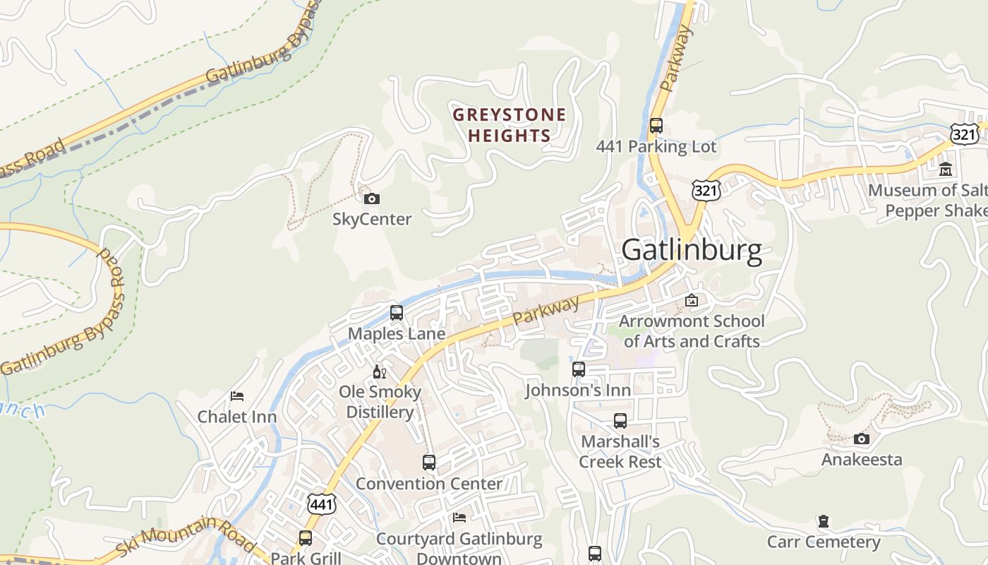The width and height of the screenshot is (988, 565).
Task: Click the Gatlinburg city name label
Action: coord(692,251)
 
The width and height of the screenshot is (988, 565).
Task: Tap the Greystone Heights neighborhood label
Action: coord(509,125)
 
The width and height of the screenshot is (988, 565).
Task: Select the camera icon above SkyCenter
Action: coord(372,199)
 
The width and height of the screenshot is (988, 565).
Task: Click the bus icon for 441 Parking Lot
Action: coord(656,126)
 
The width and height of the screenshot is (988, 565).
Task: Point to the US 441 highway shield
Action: coord(322,504)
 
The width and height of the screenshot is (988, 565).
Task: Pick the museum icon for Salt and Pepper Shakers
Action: coord(946,169)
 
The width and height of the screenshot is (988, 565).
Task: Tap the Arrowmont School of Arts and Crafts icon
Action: coord(692,301)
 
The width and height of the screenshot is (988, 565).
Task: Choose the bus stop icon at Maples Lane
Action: coord(397,312)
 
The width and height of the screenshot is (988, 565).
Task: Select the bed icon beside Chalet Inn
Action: coord(237,396)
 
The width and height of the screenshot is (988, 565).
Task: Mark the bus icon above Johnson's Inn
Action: coord(579,369)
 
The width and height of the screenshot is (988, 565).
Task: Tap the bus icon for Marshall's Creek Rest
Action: coord(620,421)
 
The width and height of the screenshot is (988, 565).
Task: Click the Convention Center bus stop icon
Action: coord(429,463)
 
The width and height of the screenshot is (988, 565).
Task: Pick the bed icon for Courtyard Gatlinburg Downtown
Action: coord(459,518)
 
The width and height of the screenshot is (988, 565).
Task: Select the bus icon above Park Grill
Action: coord(306,537)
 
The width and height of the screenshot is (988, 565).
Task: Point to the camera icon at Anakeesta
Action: coord(862,439)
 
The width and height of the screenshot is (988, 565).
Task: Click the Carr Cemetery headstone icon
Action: coord(823,522)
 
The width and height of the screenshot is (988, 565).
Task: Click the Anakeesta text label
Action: coord(862,460)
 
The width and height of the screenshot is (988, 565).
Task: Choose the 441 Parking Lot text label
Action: coord(656,147)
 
